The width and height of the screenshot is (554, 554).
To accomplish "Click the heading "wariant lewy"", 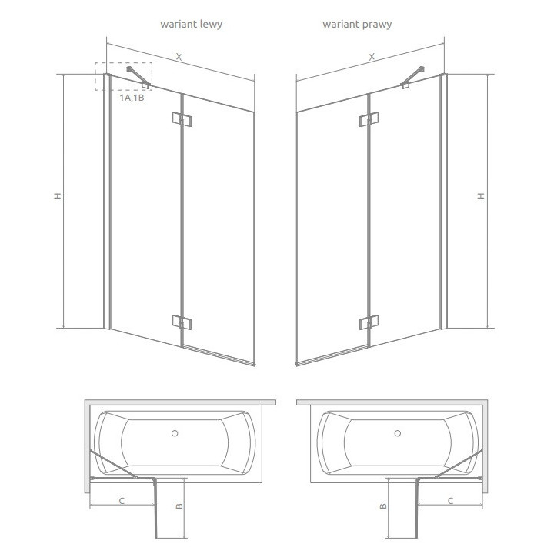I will tap(191, 25).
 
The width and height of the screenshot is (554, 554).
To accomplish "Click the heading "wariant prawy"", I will tap(357, 25).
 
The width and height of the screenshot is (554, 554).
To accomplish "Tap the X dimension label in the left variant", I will tap(179, 56).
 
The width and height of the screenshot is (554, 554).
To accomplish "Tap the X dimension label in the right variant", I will tap(372, 56).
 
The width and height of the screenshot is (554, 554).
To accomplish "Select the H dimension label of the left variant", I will tap(57, 196).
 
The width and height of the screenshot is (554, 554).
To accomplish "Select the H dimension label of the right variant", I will tap(482, 196).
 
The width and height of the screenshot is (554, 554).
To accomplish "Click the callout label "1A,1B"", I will tap(132, 98).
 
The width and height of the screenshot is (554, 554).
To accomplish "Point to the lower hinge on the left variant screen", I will tap(182, 320).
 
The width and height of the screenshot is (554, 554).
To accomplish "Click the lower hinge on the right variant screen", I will tap(370, 320).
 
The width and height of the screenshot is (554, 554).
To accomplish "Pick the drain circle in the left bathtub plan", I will tap(175, 433).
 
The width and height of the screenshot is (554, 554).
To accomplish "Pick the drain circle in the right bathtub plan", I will tap(398, 433).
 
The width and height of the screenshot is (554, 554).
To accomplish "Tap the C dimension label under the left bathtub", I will tap(121, 501).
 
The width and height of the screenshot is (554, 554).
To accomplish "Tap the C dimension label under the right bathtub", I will tap(450, 501).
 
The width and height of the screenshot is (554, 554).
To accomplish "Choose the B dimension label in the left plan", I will tap(179, 506).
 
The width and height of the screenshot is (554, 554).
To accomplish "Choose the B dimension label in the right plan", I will tap(382, 506).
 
